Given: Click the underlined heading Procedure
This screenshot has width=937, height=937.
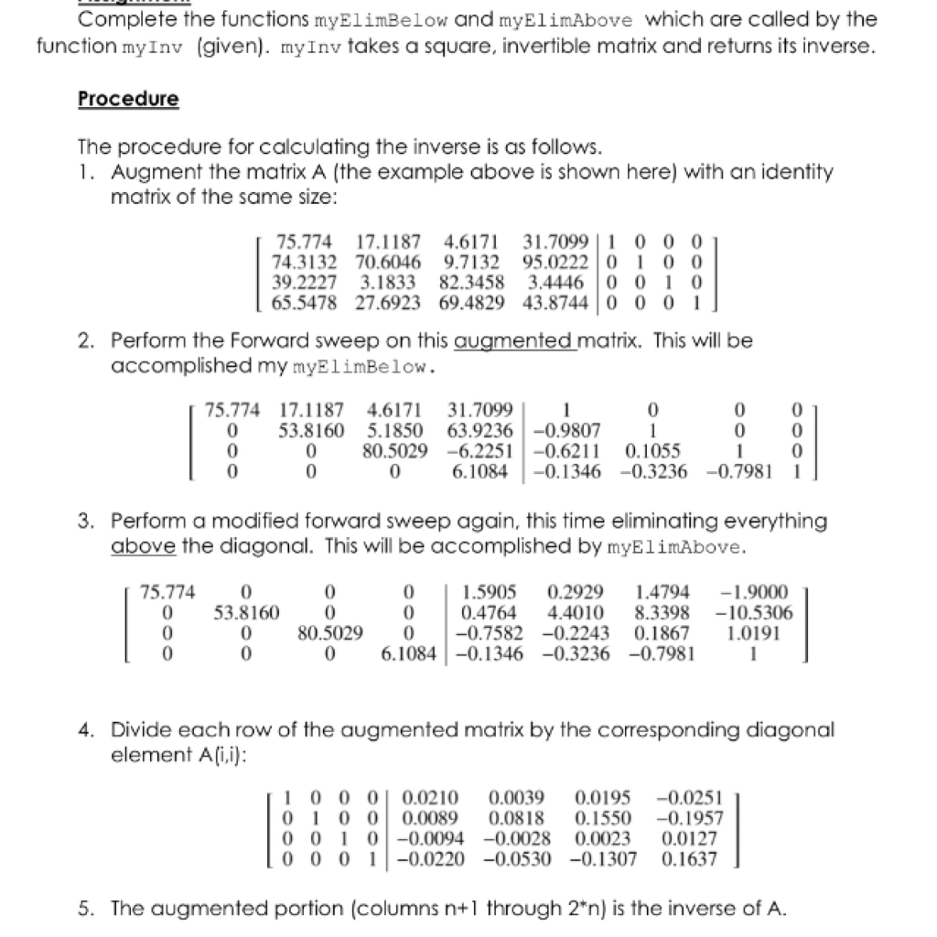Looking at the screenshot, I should (128, 99).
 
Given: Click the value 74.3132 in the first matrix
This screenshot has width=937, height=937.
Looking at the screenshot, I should (303, 260).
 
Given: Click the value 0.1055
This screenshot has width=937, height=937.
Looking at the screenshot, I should (646, 448).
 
